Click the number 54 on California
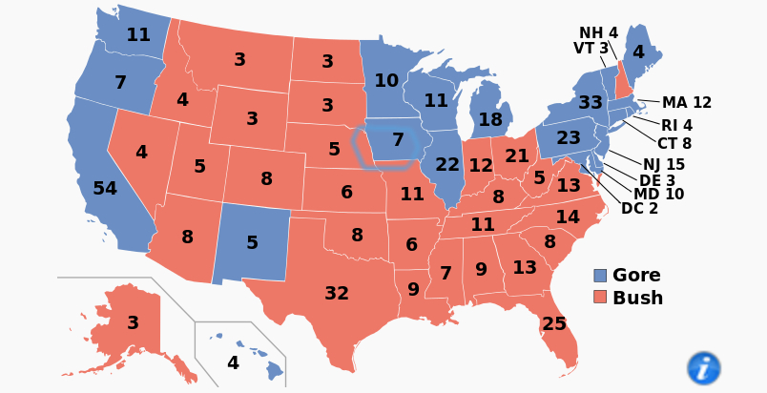tap(105, 189)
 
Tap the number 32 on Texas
tap(337, 294)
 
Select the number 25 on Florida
tap(554, 324)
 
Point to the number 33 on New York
tap(591, 102)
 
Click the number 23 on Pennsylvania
tap(569, 138)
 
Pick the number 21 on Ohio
tap(517, 155)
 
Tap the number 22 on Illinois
tap(447, 165)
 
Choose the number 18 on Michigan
tap(490, 120)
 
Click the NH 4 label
tap(598, 33)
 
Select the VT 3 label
tap(591, 49)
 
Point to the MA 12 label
tap(687, 103)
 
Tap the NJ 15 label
tap(663, 165)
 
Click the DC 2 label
tap(639, 209)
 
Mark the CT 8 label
tap(674, 144)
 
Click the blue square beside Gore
tap(600, 276)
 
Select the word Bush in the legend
tap(637, 299)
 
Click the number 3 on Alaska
tap(133, 323)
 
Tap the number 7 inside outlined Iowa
tap(398, 140)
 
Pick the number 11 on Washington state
tap(138, 35)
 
